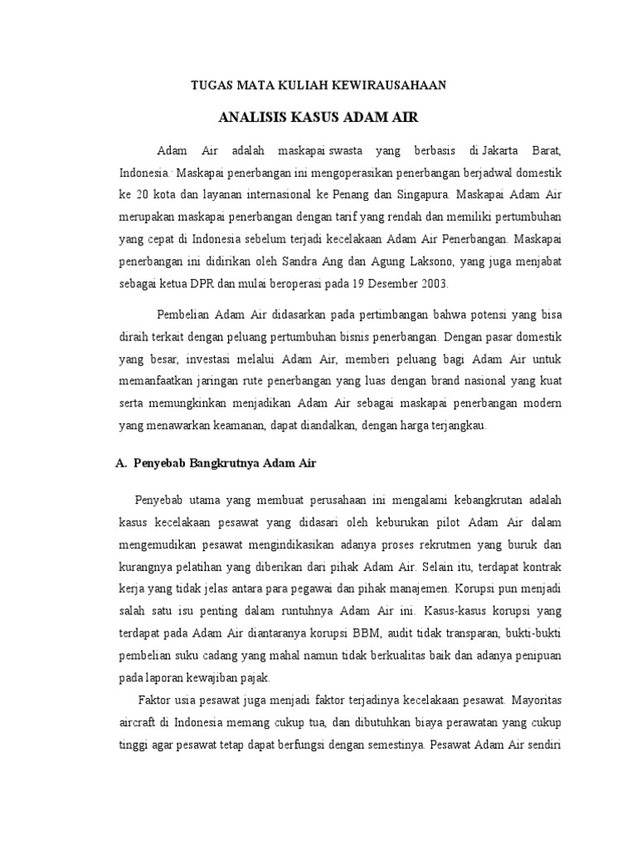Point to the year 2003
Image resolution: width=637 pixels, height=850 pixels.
[431, 283]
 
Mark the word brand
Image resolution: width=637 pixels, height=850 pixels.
[399, 381]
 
